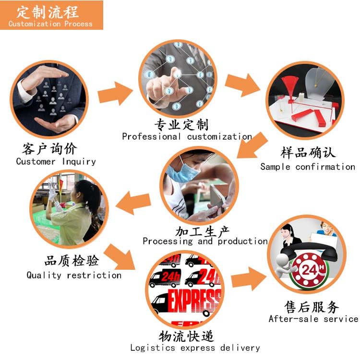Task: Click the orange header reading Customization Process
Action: pos(51,15)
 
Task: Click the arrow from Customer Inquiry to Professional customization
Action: pos(115,94)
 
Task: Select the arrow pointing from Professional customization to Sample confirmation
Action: pos(242,84)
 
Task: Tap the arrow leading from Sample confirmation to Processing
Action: pos(252,145)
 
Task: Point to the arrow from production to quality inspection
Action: pos(133,203)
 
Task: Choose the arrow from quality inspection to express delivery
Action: pos(120,257)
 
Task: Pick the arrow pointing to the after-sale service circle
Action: pos(249,278)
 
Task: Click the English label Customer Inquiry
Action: pos(56,161)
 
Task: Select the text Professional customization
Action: pos(187,136)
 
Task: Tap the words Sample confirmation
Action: pos(308,167)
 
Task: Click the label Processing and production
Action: pos(205,241)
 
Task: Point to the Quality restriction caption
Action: pos(74,275)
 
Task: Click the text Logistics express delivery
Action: pos(195,348)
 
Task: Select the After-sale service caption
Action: pos(313,319)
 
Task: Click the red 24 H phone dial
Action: pos(308,270)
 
